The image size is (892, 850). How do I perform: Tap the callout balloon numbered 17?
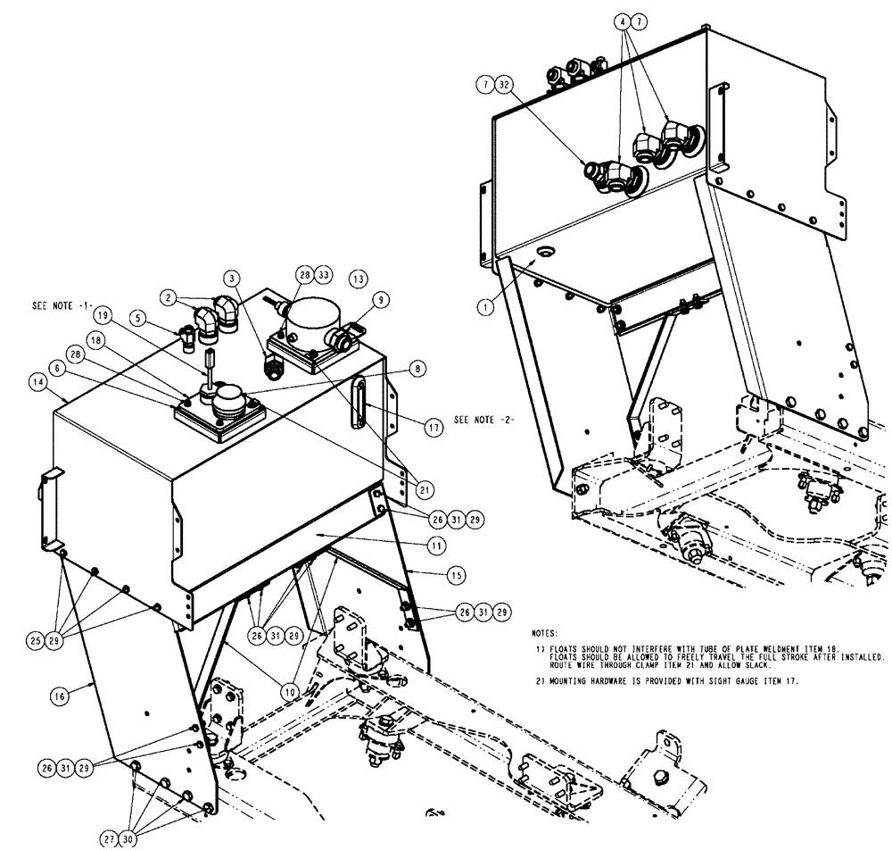click(434, 428)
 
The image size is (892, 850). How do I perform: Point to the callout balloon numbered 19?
click(103, 315)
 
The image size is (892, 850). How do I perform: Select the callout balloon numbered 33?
click(323, 277)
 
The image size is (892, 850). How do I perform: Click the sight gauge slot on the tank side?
click(359, 403)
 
